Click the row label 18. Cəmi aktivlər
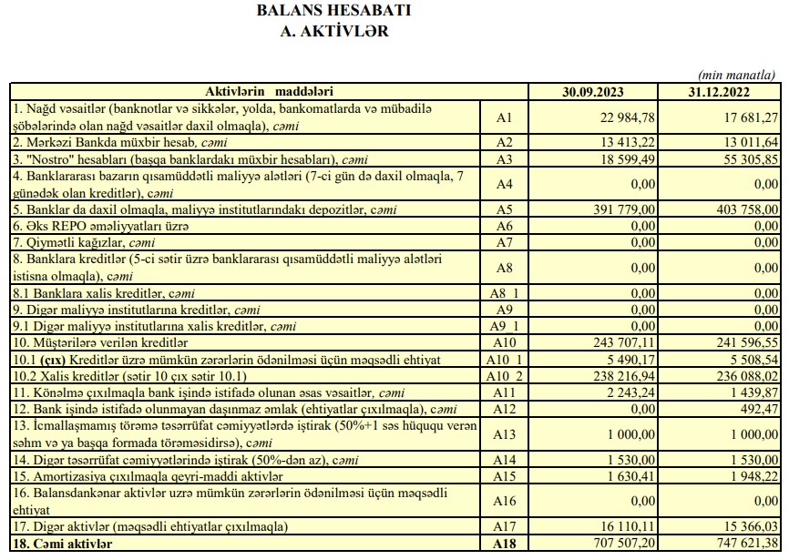(63, 544)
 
